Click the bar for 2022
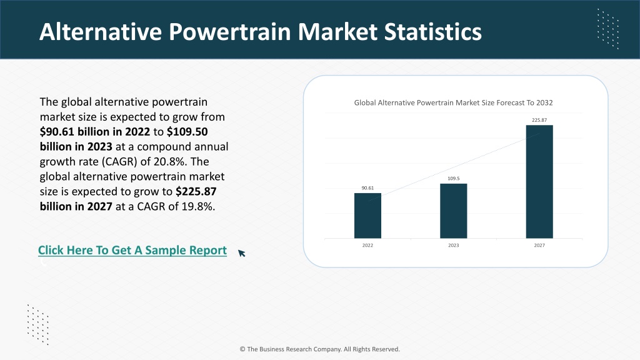(367, 216)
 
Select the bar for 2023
(454, 211)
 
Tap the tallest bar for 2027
(539, 182)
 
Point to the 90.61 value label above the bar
(367, 188)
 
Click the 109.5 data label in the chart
(454, 178)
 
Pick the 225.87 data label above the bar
(539, 120)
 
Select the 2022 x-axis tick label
(367, 245)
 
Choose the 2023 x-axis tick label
(454, 245)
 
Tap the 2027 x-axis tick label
(539, 245)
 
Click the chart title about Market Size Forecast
(454, 103)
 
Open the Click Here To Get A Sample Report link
(132, 250)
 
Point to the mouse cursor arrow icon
(242, 254)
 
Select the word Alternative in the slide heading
(101, 32)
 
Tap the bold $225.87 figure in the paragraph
(196, 191)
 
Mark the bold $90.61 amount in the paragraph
(57, 132)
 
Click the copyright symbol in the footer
(242, 349)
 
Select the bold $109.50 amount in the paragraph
(187, 132)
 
